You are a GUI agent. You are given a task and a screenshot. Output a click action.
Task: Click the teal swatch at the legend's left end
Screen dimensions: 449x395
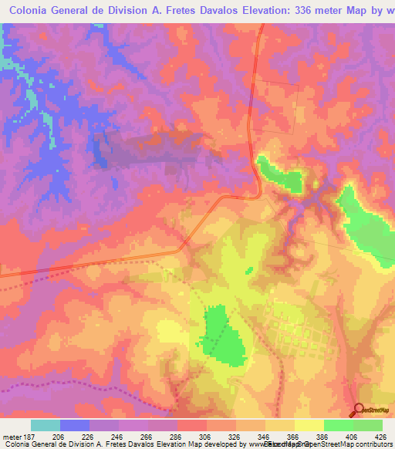pos(46,425)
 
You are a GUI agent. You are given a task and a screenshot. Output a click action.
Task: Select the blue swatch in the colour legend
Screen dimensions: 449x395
pos(75,425)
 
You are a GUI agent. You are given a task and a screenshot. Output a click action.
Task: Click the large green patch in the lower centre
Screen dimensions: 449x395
pos(221,336)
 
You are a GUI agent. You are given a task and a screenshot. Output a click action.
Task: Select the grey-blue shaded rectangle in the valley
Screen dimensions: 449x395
pos(154,149)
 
